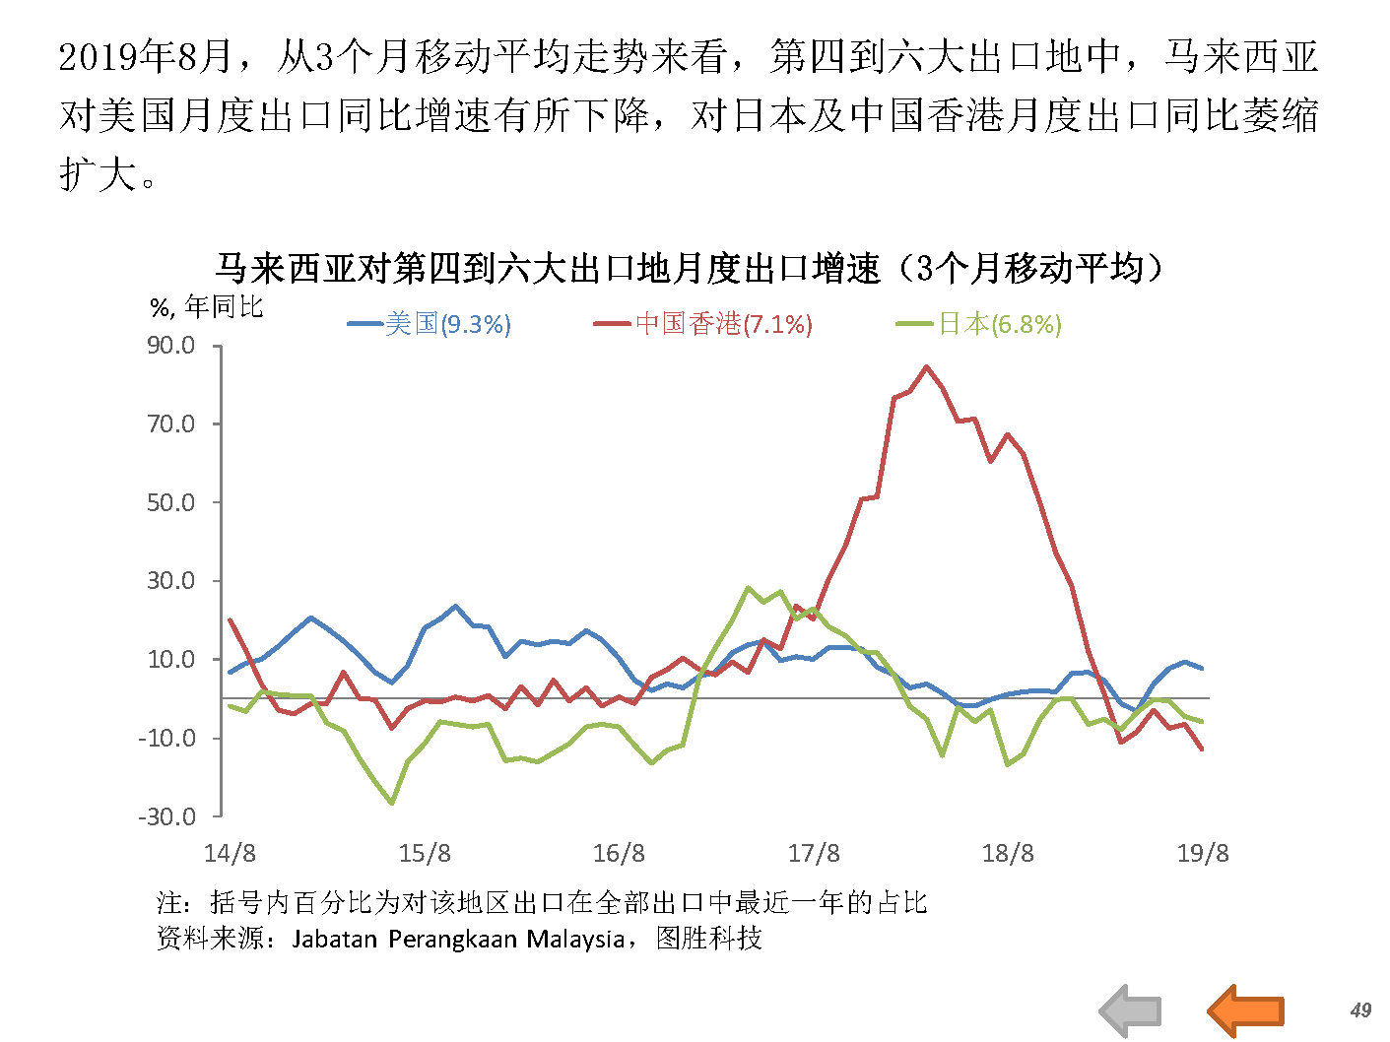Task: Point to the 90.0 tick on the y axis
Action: (x=171, y=346)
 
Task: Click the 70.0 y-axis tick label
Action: (x=171, y=424)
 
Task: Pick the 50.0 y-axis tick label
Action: (x=171, y=502)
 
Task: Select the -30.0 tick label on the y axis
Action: (x=167, y=816)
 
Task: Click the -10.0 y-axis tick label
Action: (x=167, y=738)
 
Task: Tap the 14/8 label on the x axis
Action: (x=230, y=853)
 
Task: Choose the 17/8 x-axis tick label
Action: (x=814, y=853)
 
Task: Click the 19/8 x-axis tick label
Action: (x=1203, y=853)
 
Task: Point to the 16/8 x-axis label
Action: (x=619, y=853)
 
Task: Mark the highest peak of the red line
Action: (x=926, y=367)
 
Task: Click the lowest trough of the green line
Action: (x=392, y=804)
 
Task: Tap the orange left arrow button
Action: (x=1246, y=1010)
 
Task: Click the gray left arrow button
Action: (x=1131, y=1010)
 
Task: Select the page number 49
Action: (x=1360, y=1009)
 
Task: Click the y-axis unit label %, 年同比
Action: (x=207, y=307)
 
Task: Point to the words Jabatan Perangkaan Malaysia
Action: (x=458, y=939)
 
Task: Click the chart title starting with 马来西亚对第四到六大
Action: (x=689, y=268)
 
